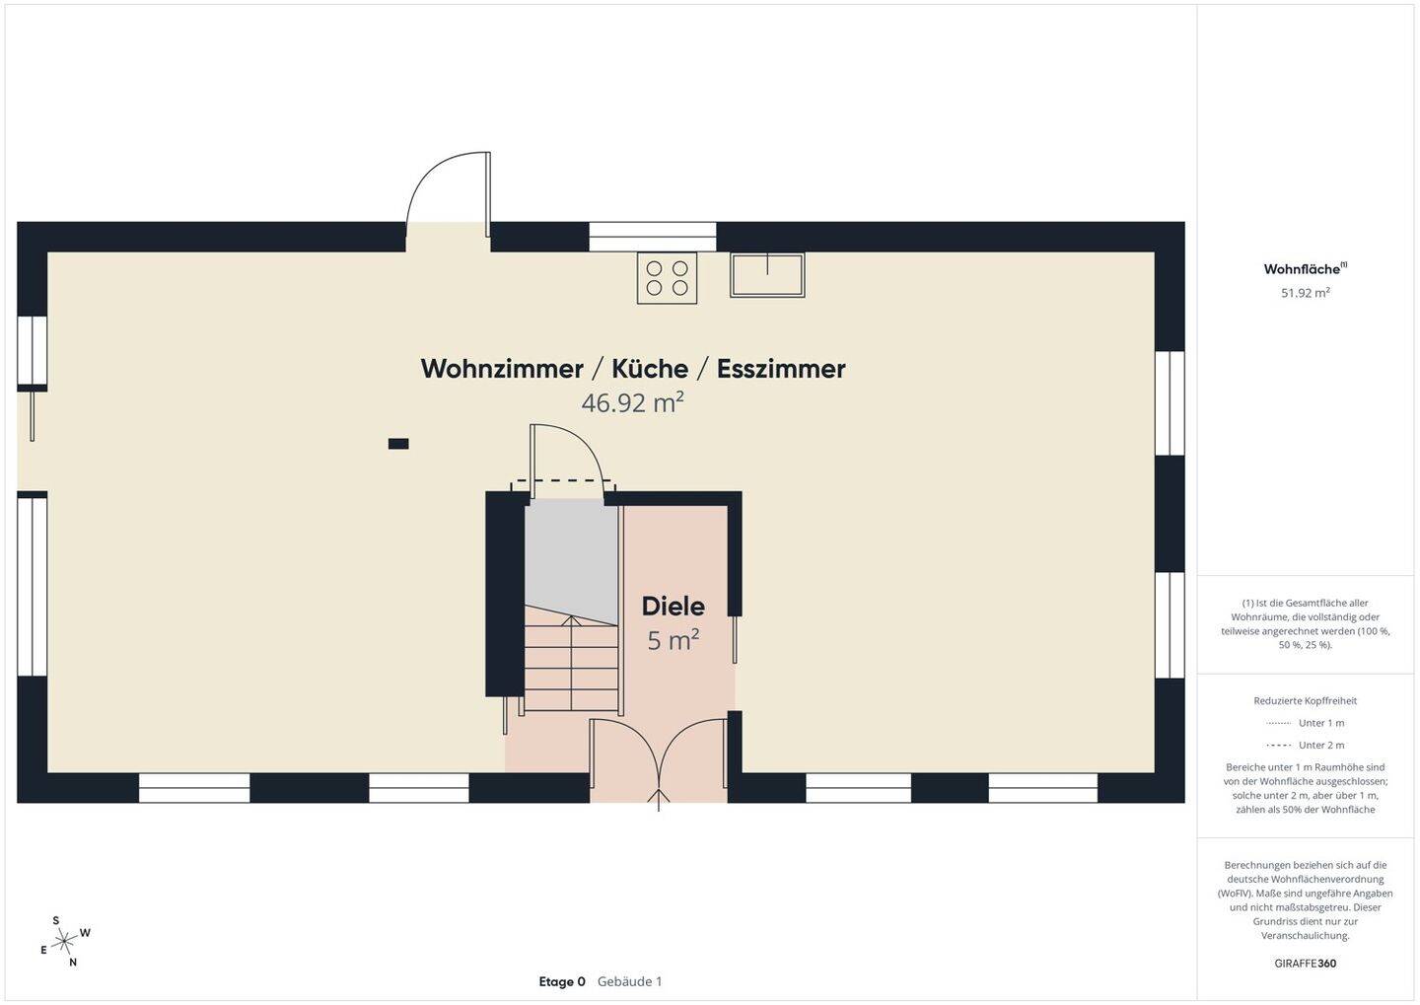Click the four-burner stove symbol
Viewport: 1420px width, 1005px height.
click(667, 278)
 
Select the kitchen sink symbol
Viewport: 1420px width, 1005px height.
click(767, 274)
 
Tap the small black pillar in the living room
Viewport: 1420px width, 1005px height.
click(398, 444)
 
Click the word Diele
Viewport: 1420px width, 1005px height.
click(673, 607)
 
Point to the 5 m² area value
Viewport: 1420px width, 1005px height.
click(673, 640)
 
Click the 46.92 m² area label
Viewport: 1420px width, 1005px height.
click(632, 402)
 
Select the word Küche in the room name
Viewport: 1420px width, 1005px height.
click(650, 369)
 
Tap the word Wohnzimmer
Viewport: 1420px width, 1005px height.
click(501, 369)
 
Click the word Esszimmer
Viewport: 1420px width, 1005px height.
click(781, 369)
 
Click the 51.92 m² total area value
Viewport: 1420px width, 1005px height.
click(1305, 293)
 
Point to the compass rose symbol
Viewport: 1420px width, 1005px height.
click(64, 942)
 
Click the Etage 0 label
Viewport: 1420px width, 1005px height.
click(562, 981)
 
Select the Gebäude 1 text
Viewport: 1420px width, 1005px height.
click(629, 981)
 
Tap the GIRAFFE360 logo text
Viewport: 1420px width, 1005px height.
click(1306, 964)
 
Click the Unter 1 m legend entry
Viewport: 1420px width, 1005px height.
click(1305, 723)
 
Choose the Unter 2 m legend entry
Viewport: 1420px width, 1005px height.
click(1305, 745)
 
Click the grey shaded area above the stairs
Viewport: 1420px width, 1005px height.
click(571, 558)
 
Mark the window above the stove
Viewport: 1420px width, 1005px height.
click(653, 237)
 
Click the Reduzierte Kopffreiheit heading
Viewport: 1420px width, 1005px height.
click(1306, 700)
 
